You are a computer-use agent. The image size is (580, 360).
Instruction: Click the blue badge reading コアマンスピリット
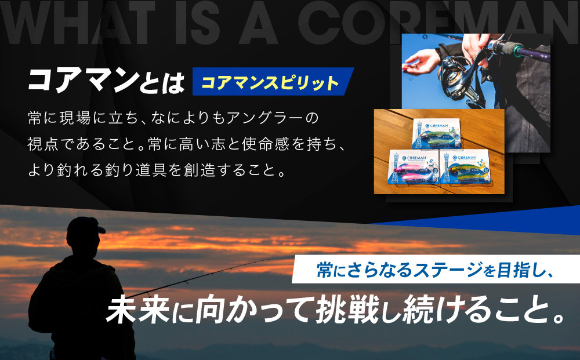270,82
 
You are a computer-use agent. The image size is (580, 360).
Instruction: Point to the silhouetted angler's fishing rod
232,269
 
